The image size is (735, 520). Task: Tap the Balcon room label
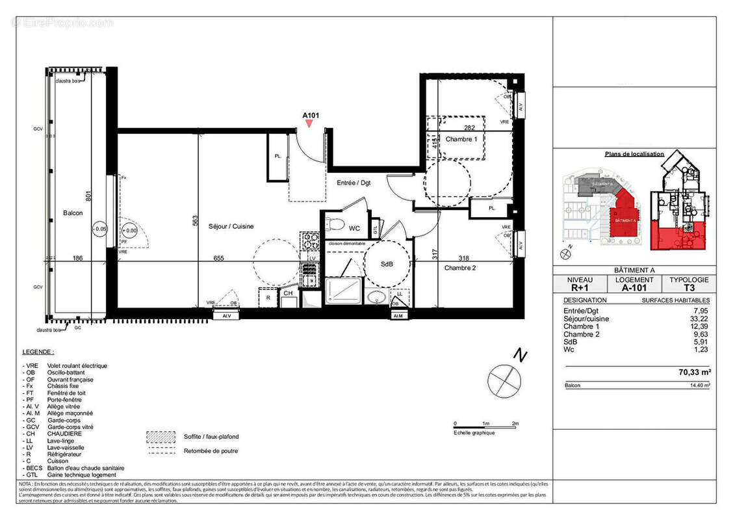tap(73, 213)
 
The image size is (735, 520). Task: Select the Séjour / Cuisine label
tap(231, 226)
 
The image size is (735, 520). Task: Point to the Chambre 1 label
tap(461, 139)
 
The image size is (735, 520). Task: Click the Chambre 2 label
tap(461, 267)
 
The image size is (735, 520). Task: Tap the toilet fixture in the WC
tap(335, 226)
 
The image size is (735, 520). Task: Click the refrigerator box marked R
tap(268, 297)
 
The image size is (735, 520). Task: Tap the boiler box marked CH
tap(287, 294)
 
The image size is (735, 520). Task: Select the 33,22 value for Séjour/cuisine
tap(699, 319)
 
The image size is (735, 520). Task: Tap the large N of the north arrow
tap(519, 355)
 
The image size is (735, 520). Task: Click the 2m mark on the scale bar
tap(515, 423)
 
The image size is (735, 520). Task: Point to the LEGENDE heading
tap(38, 352)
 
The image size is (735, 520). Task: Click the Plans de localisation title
tap(634, 154)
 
